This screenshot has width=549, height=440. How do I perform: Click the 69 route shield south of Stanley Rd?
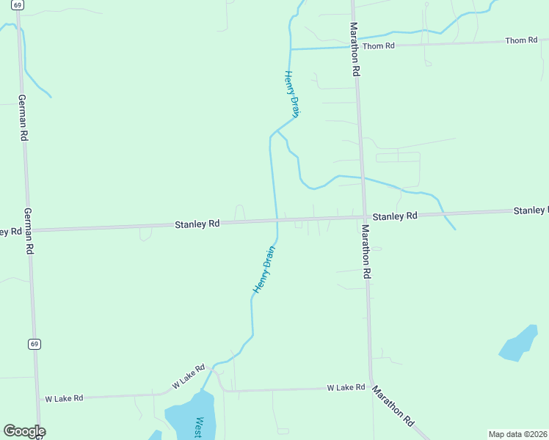(34, 343)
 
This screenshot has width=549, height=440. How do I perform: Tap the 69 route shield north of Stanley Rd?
(18, 4)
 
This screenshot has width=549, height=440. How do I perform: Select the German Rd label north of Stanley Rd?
(23, 117)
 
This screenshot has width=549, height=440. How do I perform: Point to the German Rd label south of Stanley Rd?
(29, 231)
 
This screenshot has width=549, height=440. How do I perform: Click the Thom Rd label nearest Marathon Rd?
(379, 45)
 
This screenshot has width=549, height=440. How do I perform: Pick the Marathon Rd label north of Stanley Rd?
(355, 49)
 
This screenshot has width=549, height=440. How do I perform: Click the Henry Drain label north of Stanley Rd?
(293, 94)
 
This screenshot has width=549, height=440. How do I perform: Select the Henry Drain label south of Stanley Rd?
(264, 270)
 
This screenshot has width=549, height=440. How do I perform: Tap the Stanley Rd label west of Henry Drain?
(197, 223)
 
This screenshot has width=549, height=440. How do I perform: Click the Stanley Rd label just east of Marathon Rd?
(395, 216)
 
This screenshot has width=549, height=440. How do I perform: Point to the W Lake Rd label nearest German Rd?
(64, 398)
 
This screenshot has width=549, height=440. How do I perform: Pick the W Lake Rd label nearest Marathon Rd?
(346, 387)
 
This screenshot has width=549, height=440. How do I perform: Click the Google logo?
(24, 431)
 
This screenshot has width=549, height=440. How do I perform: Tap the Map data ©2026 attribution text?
(517, 434)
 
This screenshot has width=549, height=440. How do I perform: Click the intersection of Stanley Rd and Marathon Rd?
(364, 216)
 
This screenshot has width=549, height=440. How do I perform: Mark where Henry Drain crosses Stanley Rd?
(277, 219)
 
